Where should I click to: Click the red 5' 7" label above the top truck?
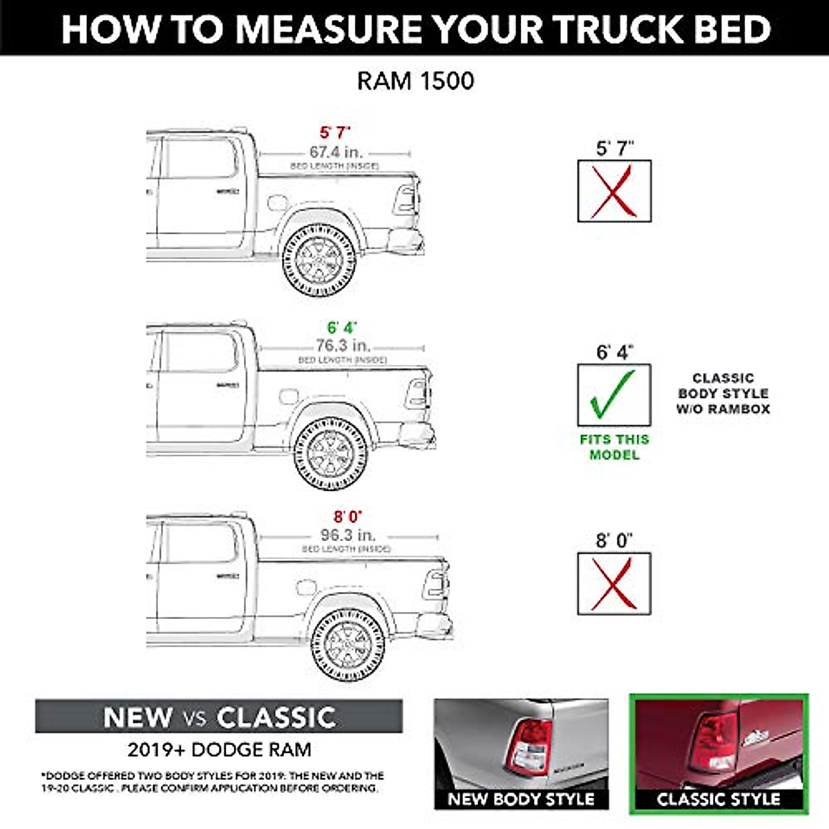[x=335, y=133]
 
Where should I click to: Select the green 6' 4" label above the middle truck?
[x=341, y=327]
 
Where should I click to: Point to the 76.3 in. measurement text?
[x=343, y=345]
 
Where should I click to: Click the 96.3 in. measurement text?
[x=347, y=535]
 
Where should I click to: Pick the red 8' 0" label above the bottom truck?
[x=347, y=517]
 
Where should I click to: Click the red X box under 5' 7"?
[x=614, y=191]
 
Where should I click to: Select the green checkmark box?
[x=614, y=395]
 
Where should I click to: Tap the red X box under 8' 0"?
[x=614, y=584]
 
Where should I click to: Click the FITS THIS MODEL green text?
[x=614, y=447]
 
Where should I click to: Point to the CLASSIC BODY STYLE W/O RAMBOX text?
[x=723, y=394]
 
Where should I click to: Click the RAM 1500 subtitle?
[x=415, y=81]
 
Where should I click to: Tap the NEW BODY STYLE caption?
[x=521, y=799]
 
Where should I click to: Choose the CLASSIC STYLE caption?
[x=718, y=799]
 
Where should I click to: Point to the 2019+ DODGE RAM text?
[x=219, y=750]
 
